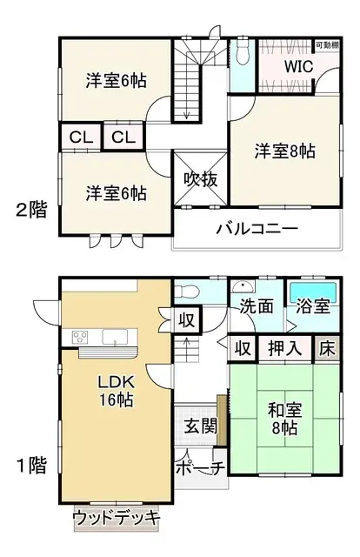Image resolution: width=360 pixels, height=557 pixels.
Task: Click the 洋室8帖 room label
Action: pos(284,151)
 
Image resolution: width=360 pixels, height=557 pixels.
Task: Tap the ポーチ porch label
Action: pos(200,468)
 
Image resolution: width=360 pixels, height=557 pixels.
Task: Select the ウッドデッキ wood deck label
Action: pos(117,518)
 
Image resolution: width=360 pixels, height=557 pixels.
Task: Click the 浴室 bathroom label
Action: pos(310,306)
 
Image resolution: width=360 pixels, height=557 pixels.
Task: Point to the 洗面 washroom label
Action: pos(257,306)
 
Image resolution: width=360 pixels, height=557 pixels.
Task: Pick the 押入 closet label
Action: pos(284,348)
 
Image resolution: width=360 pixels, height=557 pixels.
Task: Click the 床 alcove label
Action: pos(325,348)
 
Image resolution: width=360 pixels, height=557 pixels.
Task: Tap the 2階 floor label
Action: pos(30,210)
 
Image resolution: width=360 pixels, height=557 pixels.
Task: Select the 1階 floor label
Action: pos(30,464)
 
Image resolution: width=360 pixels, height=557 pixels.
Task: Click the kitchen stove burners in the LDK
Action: pos(80,337)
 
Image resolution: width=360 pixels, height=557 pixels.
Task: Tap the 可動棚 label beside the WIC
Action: pos(326,44)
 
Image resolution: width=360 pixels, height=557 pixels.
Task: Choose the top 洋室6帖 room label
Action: pos(116,81)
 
